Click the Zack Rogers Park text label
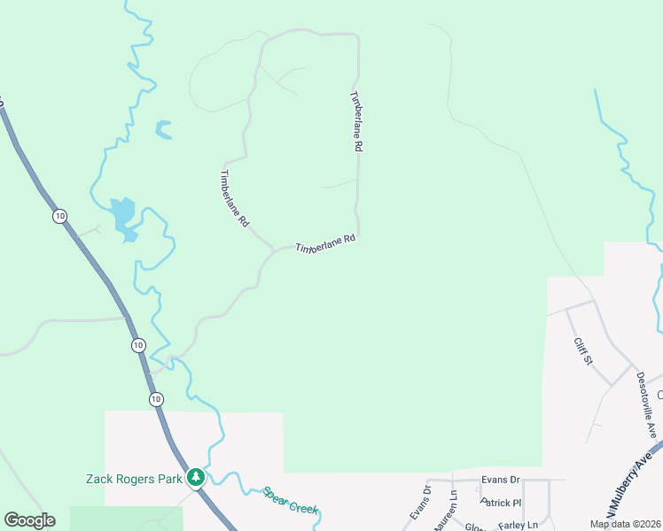click(133, 479)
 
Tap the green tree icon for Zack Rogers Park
click(196, 478)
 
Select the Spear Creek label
click(290, 500)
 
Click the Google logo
click(29, 520)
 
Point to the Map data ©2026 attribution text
click(625, 524)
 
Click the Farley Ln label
click(519, 525)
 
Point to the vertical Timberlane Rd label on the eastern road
click(356, 123)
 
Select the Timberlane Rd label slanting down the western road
click(234, 199)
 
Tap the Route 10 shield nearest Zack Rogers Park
click(156, 400)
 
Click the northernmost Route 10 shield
click(59, 216)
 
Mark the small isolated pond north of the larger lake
click(163, 130)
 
